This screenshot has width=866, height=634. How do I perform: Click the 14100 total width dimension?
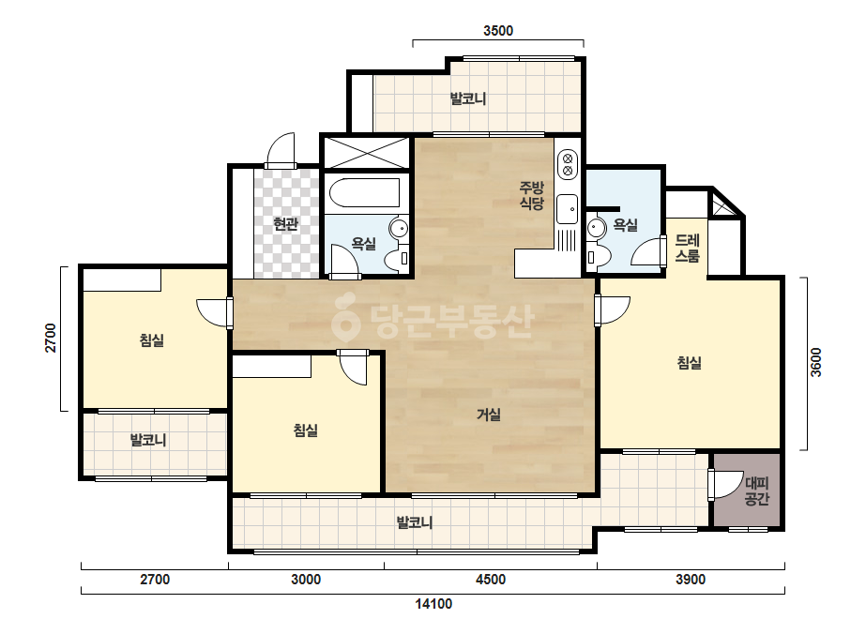point(433,604)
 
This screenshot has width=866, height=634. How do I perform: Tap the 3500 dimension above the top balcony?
point(498,31)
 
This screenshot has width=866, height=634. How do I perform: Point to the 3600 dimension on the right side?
point(815,362)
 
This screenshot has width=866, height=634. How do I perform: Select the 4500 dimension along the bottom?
point(491,580)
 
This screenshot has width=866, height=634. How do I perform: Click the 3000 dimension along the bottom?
point(306,580)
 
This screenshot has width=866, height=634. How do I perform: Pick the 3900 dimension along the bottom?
point(691,580)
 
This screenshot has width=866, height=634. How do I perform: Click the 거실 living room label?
point(489,415)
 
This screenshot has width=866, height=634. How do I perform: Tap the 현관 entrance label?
point(286,224)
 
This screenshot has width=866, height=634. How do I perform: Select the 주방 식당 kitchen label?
point(532,195)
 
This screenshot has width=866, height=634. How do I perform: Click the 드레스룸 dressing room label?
point(688,248)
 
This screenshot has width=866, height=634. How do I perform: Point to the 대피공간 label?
point(756,491)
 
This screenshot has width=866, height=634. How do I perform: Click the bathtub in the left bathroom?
point(365,192)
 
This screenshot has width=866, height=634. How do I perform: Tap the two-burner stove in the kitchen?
point(568,164)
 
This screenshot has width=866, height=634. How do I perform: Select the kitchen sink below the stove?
point(568,209)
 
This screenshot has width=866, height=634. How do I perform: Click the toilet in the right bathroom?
point(599,257)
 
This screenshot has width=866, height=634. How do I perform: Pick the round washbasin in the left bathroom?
point(398,228)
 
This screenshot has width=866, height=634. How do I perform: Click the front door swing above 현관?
point(281,149)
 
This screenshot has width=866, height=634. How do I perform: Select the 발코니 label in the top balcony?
point(468,98)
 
